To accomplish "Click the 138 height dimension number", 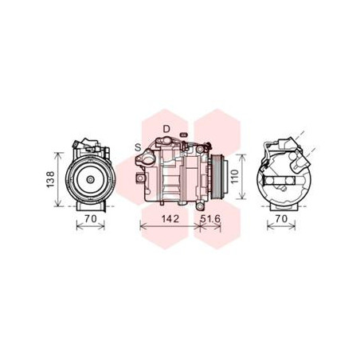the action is [50, 180].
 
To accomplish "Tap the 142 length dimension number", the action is [170, 219].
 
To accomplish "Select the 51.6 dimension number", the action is [210, 219].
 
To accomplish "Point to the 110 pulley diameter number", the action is [235, 177].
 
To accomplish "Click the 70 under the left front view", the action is [91, 219].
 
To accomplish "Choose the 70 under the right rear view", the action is [281, 219].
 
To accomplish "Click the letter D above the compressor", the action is [166, 129].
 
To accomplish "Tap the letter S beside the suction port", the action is [138, 147].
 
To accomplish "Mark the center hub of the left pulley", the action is [91, 180].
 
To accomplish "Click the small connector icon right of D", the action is [183, 135].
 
